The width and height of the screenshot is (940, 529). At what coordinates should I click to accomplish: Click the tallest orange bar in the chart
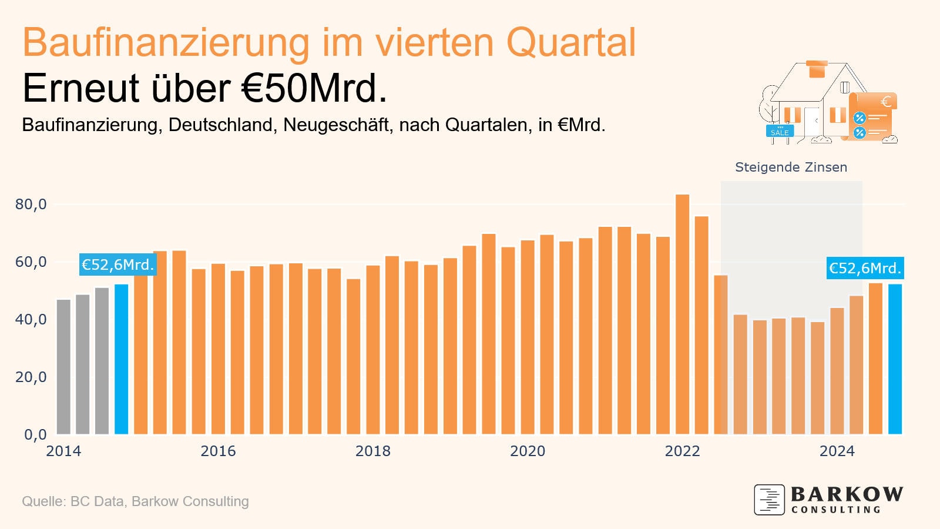point(682,314)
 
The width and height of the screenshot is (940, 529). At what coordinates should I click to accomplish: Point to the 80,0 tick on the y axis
point(31,205)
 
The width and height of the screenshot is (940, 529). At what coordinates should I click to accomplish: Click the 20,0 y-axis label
point(31,377)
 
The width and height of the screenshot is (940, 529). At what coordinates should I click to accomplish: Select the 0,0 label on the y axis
point(35,435)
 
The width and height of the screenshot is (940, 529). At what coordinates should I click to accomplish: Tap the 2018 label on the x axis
point(372,451)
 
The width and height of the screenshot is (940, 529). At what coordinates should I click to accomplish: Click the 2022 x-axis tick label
point(682,451)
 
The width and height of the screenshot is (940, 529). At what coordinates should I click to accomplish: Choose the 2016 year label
point(218,451)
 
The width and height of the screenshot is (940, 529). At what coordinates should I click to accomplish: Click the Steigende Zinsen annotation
point(791,168)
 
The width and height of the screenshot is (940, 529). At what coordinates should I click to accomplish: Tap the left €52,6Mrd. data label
point(117,265)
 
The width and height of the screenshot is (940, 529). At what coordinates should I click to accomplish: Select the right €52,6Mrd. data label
point(864,269)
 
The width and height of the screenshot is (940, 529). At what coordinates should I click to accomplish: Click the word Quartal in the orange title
point(570,42)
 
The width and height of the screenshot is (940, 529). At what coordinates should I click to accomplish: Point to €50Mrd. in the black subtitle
point(314,89)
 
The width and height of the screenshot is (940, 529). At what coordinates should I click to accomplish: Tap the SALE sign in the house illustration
point(780,132)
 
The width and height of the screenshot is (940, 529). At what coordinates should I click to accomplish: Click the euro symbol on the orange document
point(885,102)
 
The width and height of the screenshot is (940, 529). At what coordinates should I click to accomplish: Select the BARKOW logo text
point(847,494)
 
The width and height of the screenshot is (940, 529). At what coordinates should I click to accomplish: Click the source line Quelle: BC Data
point(135,501)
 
